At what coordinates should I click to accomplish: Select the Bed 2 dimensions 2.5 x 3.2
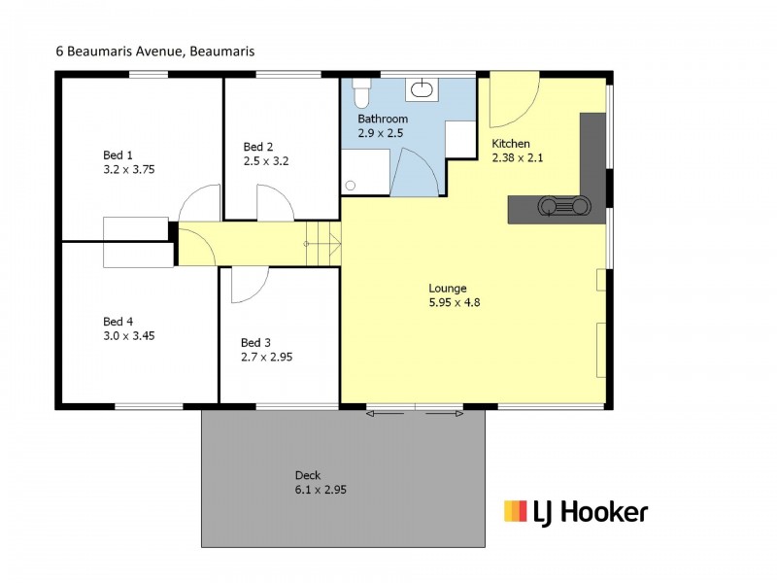266,160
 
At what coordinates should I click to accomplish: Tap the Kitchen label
511,144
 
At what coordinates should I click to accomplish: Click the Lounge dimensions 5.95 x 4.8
455,302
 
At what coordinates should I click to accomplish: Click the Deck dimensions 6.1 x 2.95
321,490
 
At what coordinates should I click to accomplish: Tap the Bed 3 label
255,343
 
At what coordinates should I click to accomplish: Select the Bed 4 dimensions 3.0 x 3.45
128,335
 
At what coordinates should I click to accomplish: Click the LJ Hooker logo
575,511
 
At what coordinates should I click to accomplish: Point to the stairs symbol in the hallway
322,242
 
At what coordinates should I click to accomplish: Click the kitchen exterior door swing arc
513,103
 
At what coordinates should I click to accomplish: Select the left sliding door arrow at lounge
384,415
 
